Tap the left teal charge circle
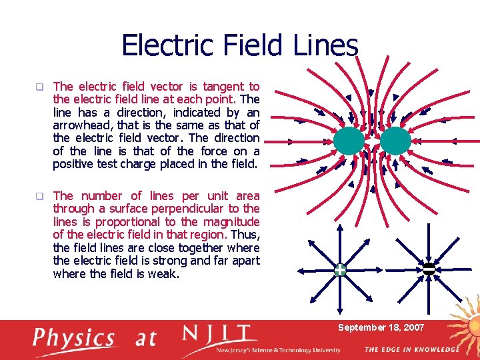coord(349,141)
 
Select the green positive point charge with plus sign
coord(340,270)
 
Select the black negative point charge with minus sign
coord(429,269)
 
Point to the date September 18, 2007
coord(381,327)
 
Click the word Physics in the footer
coord(74,338)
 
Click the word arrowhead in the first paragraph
coord(82,125)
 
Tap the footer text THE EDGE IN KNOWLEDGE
coord(411,349)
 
